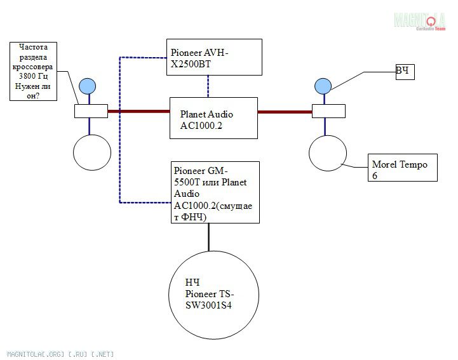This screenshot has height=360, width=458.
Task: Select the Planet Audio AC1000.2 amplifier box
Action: tap(213, 118)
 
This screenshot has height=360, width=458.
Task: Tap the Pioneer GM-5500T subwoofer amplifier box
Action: tap(215, 192)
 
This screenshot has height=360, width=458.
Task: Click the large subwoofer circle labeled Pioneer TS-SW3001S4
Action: tap(213, 295)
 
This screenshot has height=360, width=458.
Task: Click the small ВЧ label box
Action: tap(404, 71)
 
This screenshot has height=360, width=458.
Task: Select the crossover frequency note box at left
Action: tap(34, 71)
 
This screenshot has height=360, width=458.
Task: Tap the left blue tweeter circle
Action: tap(86, 86)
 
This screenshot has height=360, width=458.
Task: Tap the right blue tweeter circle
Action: tap(323, 86)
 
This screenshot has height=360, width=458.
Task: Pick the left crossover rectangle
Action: tap(91, 111)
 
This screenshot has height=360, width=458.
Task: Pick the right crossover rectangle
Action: tap(328, 111)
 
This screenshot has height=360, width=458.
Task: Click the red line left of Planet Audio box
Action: tap(138, 111)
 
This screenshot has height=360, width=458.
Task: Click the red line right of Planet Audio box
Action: tap(285, 112)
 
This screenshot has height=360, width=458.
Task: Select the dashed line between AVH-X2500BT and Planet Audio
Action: tap(208, 86)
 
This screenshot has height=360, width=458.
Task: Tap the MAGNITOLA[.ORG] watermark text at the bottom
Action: tap(60, 354)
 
